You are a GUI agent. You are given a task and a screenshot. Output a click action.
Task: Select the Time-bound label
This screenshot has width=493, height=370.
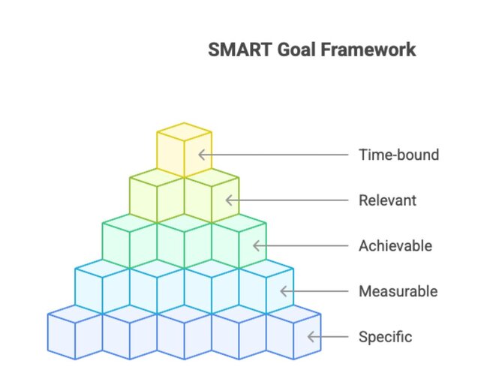click(x=398, y=155)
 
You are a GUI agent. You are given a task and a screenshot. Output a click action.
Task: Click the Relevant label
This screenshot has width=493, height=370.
click(x=387, y=200)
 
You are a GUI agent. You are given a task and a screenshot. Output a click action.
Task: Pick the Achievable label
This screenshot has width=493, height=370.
click(x=395, y=245)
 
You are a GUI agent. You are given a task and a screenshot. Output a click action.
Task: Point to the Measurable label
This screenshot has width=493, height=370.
click(x=398, y=291)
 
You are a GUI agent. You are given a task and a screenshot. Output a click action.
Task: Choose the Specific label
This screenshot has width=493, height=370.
click(x=385, y=336)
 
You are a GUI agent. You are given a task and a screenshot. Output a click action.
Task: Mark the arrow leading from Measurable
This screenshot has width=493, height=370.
click(x=315, y=291)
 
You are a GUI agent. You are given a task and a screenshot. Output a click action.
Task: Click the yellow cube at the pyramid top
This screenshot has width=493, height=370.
click(x=184, y=150)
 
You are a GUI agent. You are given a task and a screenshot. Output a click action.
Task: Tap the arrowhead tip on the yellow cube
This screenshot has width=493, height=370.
click(x=199, y=155)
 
